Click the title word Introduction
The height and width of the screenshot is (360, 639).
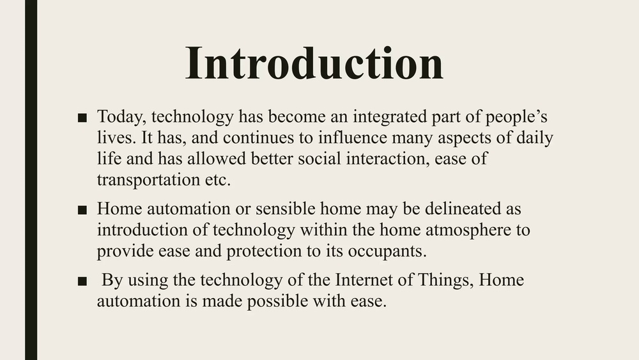click(x=314, y=63)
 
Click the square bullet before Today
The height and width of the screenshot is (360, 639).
click(x=81, y=118)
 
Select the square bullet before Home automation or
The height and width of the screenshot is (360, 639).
click(x=81, y=210)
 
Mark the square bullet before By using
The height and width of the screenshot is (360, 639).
click(x=81, y=281)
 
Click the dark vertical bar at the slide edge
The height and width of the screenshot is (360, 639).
click(x=31, y=180)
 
